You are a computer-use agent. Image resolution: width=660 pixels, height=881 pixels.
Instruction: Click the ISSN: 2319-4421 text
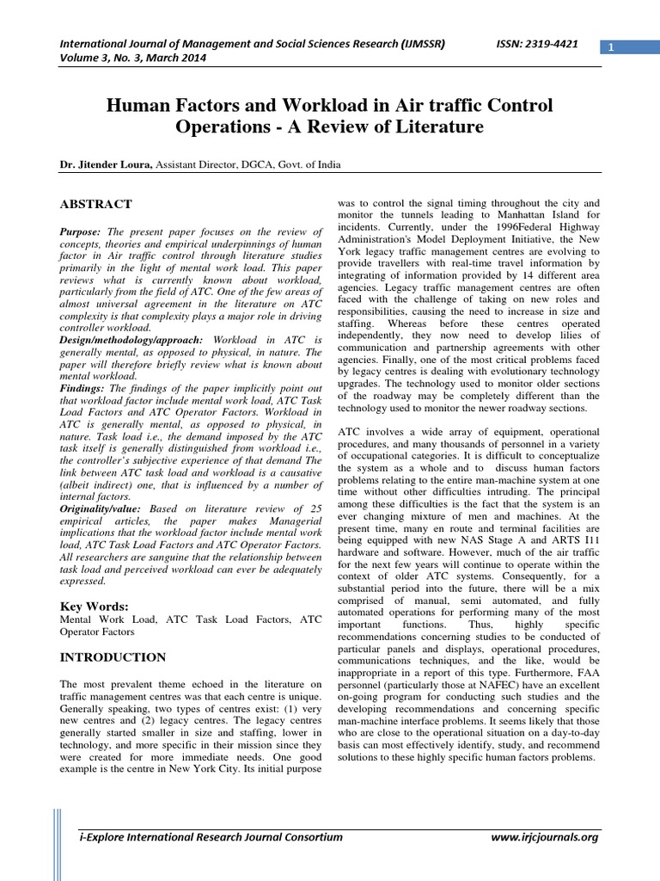click(539, 42)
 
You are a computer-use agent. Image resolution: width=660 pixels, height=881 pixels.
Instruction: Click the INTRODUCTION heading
click(112, 657)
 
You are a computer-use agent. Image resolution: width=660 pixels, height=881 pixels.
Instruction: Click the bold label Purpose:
click(80, 232)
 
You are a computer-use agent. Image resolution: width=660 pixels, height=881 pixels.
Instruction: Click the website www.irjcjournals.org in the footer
click(544, 836)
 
